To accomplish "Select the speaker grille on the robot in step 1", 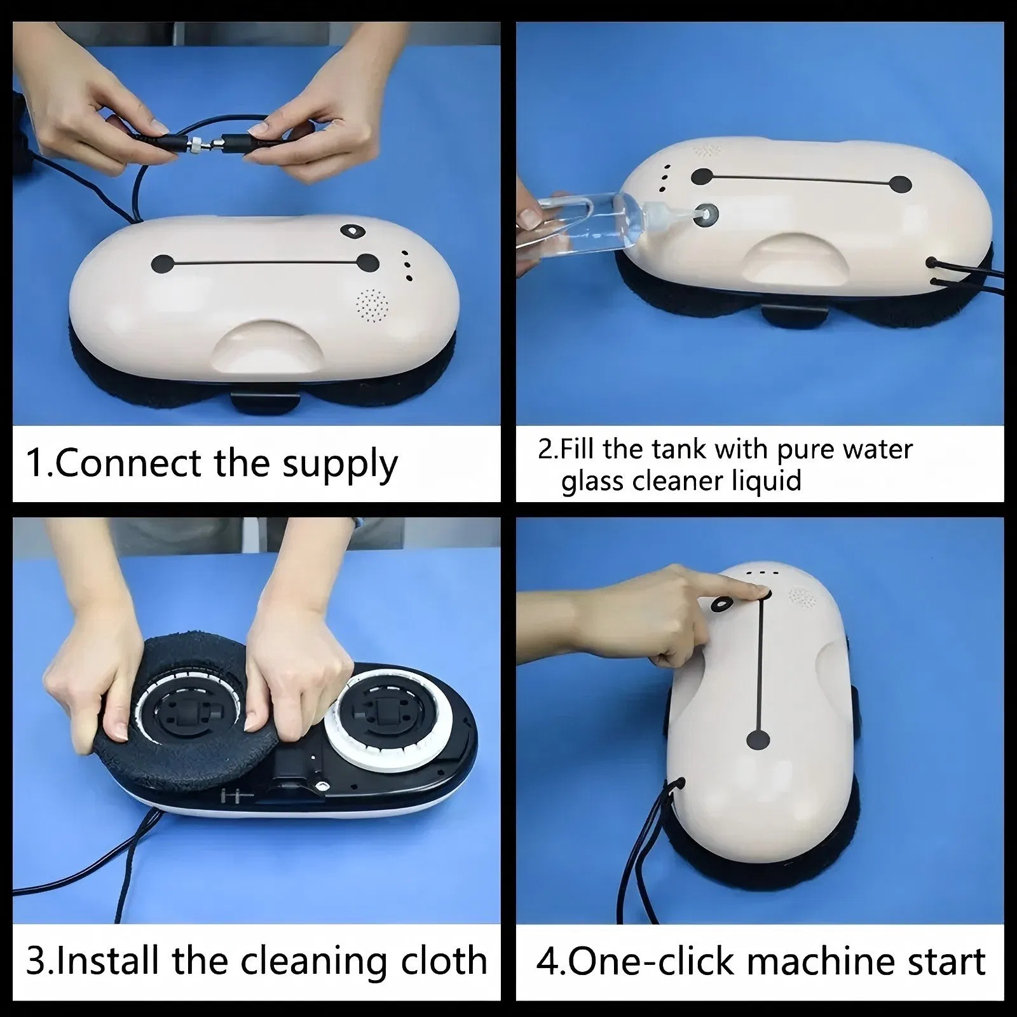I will click(372, 306).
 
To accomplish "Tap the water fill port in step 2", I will click(706, 215).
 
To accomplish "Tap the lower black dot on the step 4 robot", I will click(758, 739).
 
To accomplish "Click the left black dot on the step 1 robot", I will click(163, 263).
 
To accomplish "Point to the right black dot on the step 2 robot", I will click(900, 184).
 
